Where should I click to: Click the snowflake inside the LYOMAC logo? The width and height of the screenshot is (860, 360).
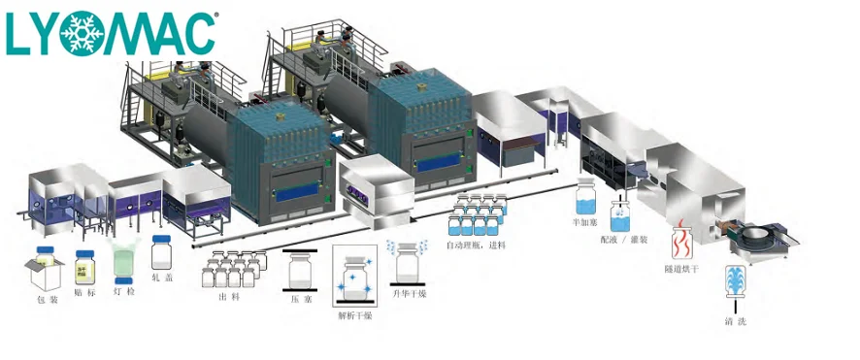83,33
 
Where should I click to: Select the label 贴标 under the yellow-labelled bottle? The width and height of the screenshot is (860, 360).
83,291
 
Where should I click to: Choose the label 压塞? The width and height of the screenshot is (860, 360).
300,301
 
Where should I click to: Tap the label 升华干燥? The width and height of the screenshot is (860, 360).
409,294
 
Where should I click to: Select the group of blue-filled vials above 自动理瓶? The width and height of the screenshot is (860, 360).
477,215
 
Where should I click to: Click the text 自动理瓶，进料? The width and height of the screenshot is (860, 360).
477,245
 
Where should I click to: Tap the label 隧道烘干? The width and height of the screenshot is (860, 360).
682,268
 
